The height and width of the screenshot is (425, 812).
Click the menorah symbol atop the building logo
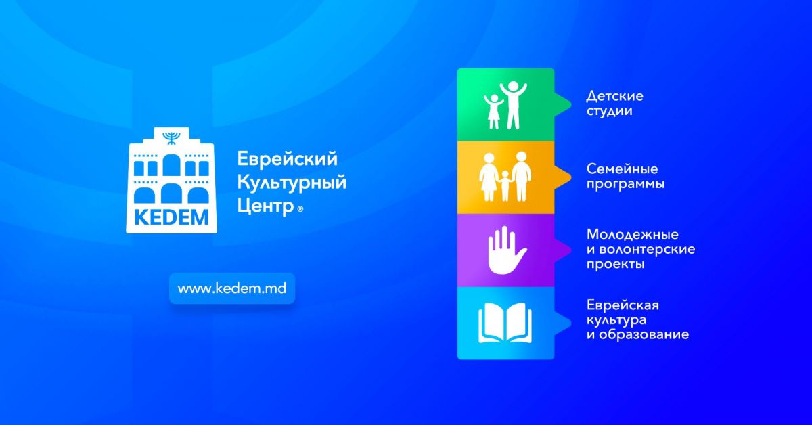(x=171, y=138)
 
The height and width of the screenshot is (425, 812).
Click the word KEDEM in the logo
(x=171, y=218)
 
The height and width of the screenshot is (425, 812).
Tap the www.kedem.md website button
(x=232, y=288)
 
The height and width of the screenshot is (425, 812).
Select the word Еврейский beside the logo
(x=288, y=159)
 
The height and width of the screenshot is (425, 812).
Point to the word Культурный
(x=292, y=182)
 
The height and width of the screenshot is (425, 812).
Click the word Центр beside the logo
(x=265, y=206)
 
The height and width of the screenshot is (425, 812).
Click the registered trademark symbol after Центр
(x=300, y=209)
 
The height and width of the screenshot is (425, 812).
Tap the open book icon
(x=505, y=323)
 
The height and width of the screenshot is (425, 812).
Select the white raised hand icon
(x=506, y=250)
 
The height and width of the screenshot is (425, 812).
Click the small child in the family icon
(x=505, y=185)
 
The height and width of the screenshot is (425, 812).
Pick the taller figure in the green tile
(x=513, y=105)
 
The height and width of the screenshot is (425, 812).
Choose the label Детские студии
(x=615, y=104)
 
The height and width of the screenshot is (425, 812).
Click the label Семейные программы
(x=626, y=177)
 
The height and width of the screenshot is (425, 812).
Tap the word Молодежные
(x=633, y=235)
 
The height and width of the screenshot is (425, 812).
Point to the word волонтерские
(x=647, y=250)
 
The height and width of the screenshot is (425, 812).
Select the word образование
(x=644, y=335)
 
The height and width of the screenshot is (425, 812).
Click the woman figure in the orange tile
(x=489, y=177)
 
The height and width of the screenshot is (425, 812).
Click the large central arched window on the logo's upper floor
(x=171, y=165)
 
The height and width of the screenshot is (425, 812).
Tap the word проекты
(x=616, y=265)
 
